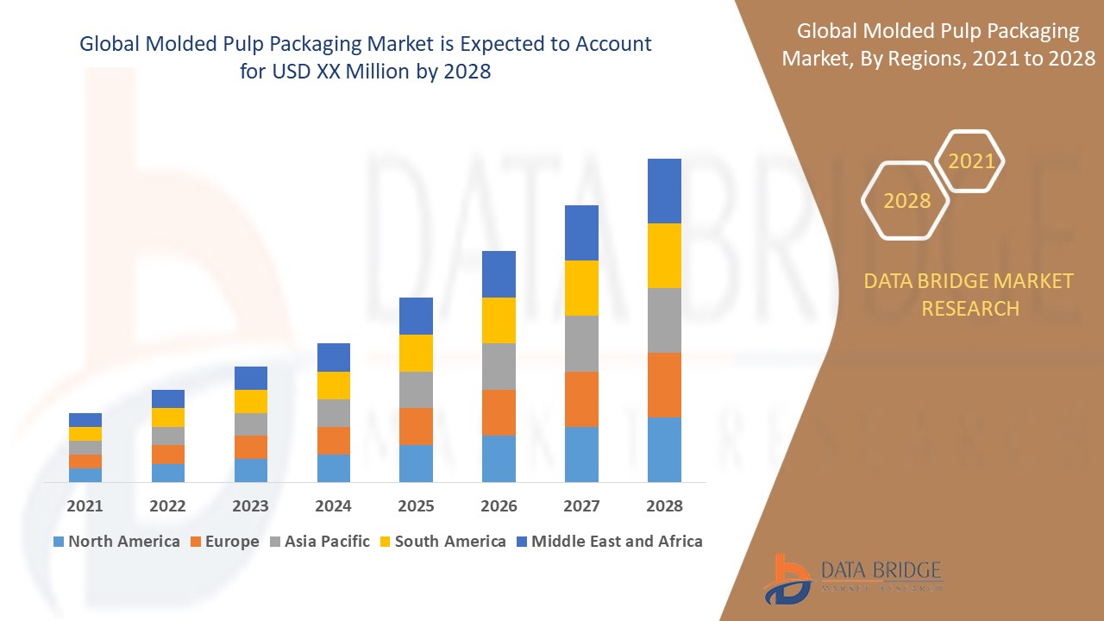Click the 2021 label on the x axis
point(85,505)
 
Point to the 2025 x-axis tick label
point(416,505)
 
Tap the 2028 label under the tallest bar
point(664,505)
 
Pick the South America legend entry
point(442,542)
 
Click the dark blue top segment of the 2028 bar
point(664,191)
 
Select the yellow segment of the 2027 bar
point(581,288)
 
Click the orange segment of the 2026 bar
point(499,412)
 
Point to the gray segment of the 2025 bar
point(416,390)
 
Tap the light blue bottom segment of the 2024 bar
point(333,467)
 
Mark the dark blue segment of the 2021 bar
point(85,420)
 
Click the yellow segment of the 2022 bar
point(167,417)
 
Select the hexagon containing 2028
point(906,200)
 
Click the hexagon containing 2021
point(970,161)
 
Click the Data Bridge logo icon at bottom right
point(787,579)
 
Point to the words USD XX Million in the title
point(336,72)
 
